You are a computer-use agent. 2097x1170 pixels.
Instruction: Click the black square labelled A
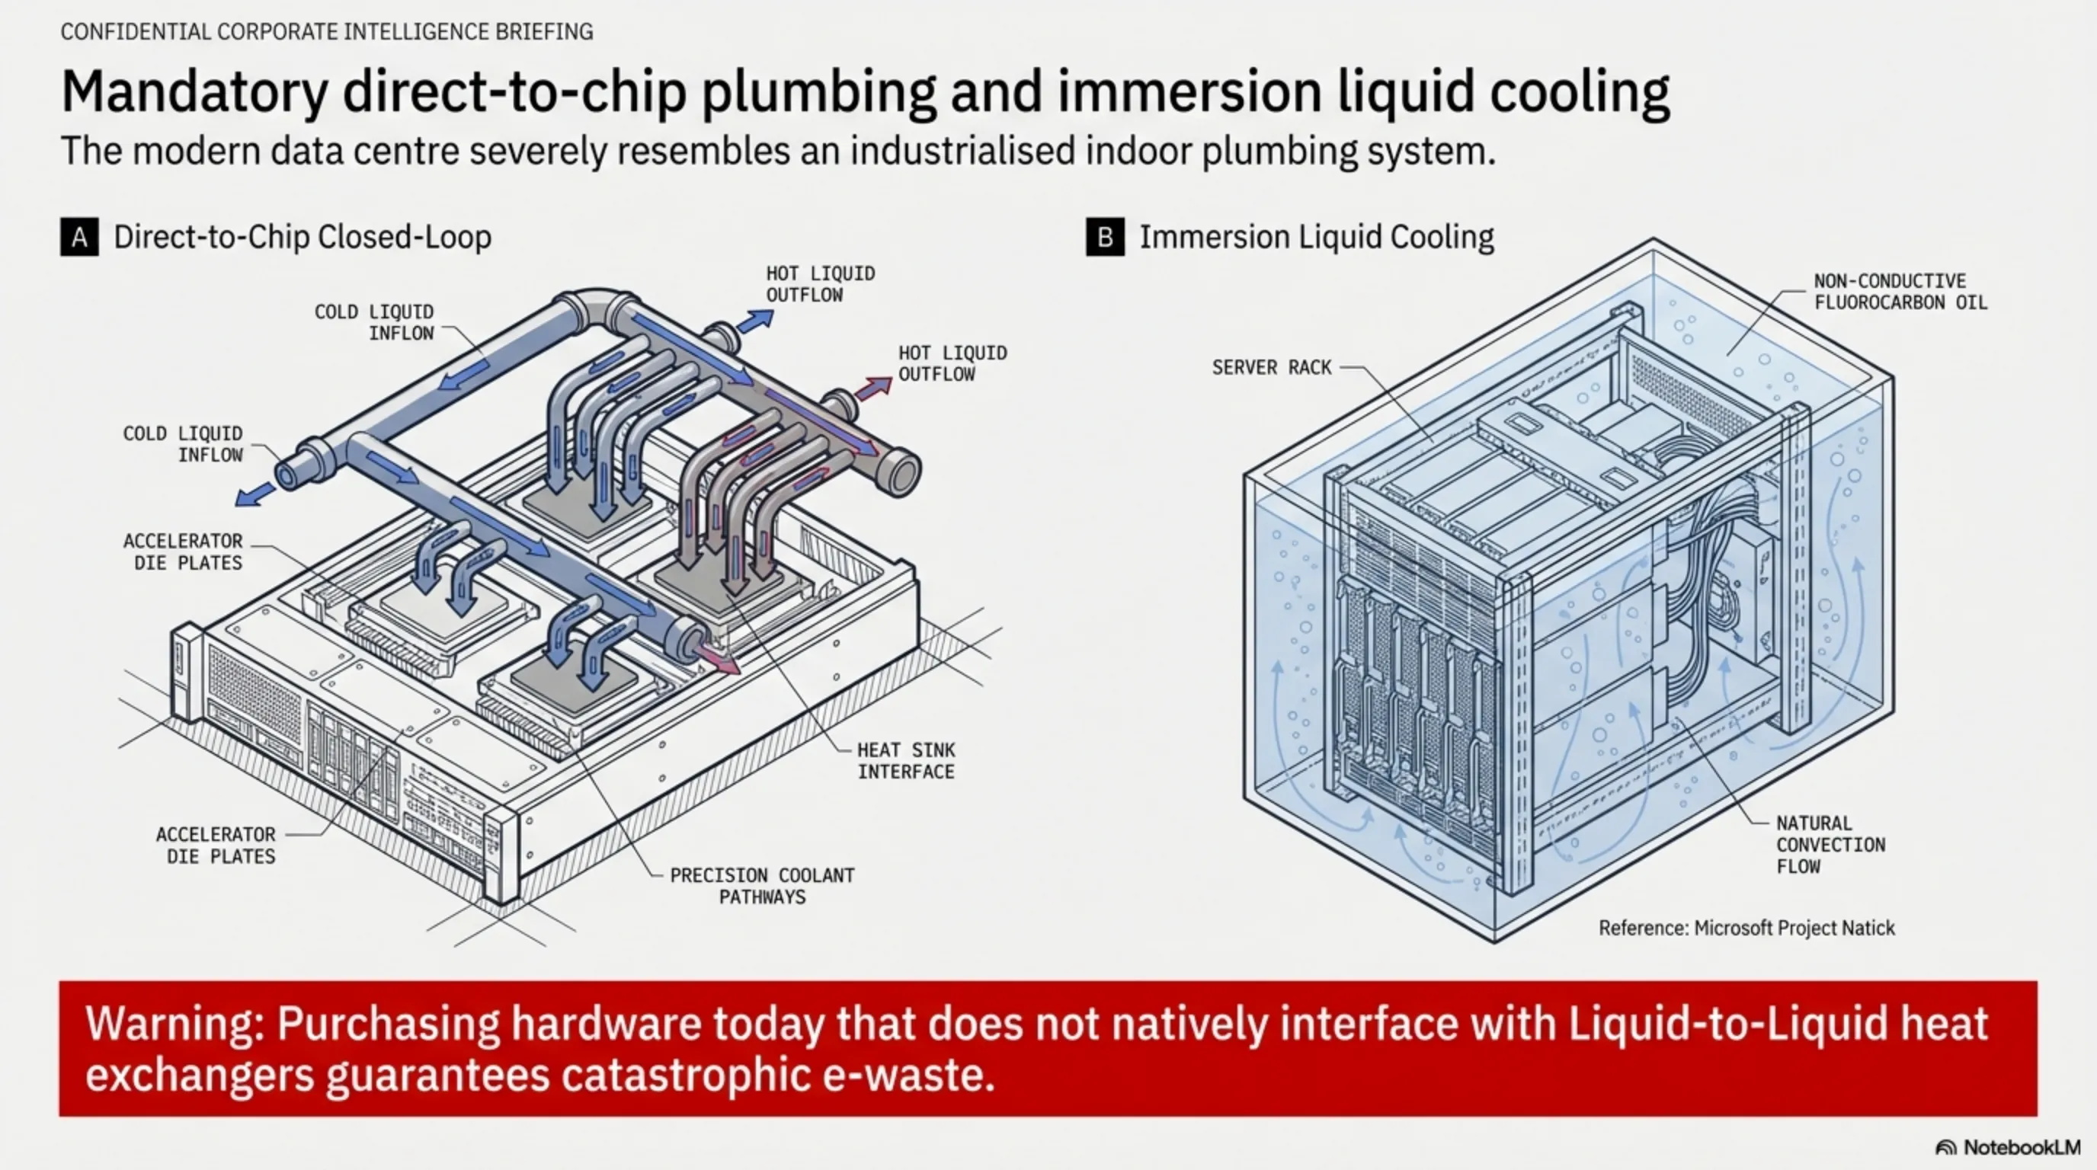point(79,237)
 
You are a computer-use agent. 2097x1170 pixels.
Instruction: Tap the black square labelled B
point(1105,237)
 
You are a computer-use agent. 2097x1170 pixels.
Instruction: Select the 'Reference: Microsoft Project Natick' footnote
point(1746,928)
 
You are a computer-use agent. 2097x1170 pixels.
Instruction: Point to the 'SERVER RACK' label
point(1272,368)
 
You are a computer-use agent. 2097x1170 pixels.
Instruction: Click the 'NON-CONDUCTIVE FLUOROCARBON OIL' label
point(1900,291)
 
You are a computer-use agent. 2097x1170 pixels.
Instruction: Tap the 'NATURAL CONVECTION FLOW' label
point(1830,845)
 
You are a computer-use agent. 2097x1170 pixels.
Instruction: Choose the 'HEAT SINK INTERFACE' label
point(906,761)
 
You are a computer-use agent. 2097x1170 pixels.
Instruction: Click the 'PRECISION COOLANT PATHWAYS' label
point(762,886)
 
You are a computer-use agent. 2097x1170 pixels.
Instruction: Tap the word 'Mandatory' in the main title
point(194,92)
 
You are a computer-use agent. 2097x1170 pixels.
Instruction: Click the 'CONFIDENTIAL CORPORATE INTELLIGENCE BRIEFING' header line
point(326,32)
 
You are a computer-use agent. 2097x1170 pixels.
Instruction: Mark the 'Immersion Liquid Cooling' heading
point(1315,237)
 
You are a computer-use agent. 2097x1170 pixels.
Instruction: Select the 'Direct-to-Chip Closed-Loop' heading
point(302,237)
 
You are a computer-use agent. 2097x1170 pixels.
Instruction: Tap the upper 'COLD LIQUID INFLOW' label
point(373,322)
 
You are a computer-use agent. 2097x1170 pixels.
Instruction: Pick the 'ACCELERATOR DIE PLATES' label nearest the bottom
point(216,846)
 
